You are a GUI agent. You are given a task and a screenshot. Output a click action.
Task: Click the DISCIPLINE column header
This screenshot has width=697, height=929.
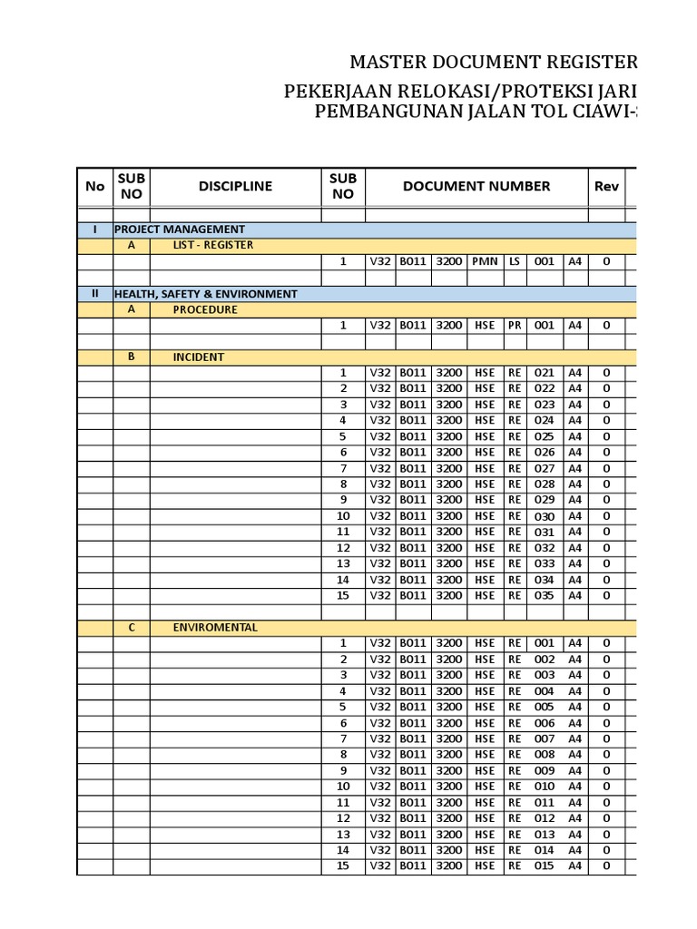(x=235, y=186)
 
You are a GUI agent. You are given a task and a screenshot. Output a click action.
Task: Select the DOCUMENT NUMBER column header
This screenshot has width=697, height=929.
(x=476, y=186)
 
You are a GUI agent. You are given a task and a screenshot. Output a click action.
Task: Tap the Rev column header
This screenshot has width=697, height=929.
(x=606, y=186)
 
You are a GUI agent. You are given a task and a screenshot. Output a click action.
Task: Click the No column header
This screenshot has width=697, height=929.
(x=94, y=186)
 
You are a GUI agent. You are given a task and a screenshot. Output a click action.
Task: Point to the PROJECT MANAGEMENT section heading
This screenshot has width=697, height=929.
(x=180, y=230)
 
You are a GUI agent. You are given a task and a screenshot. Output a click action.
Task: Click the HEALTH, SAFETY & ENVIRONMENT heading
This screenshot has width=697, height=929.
(x=205, y=294)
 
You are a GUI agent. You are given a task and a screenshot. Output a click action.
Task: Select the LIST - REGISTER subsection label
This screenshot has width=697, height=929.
(x=213, y=245)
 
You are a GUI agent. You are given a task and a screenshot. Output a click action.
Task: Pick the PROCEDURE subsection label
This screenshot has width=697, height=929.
(x=205, y=309)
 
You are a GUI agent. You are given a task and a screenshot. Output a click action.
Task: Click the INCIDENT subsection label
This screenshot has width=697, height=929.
(x=199, y=357)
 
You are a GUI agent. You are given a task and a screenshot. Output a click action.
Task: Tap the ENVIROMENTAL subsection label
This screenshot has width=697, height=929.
(x=215, y=627)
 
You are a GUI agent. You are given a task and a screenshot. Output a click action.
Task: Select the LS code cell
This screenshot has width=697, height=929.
(x=515, y=261)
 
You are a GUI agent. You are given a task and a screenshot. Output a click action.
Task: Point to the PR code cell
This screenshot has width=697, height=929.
(x=515, y=326)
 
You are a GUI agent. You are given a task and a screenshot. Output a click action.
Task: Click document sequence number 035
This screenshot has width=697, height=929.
(x=544, y=596)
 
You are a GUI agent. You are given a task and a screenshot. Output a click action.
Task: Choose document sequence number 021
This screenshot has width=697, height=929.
(x=544, y=373)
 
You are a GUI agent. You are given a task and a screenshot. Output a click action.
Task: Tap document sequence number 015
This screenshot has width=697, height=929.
(x=544, y=866)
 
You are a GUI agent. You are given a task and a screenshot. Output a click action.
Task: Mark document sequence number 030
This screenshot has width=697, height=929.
(x=544, y=516)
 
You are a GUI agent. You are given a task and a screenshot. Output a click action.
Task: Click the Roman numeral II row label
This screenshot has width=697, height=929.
(x=94, y=294)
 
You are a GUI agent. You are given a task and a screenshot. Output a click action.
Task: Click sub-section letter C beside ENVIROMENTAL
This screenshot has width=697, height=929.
(x=131, y=627)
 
